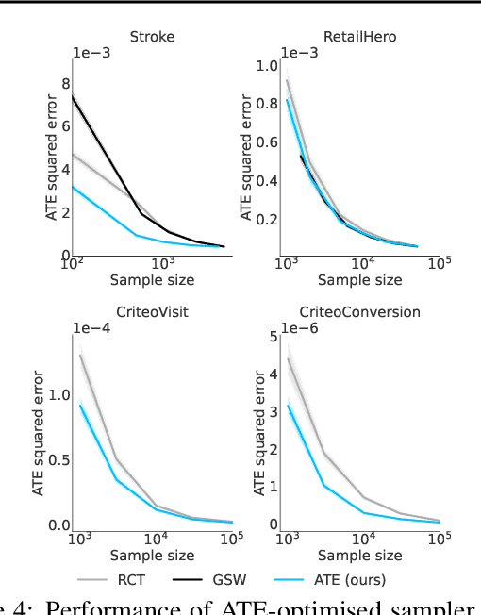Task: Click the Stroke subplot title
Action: click(153, 38)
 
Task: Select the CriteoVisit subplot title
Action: click(153, 311)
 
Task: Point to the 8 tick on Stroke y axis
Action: click(66, 83)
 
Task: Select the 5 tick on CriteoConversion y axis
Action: click(274, 336)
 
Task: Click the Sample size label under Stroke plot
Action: click(153, 281)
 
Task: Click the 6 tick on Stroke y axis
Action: click(66, 126)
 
